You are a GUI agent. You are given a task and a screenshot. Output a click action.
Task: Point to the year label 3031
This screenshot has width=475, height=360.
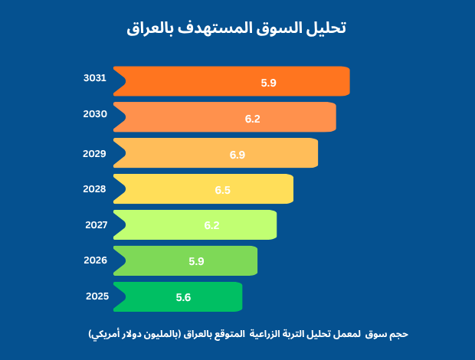click(x=95, y=77)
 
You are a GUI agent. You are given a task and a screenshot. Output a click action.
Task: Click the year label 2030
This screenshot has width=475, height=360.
click(x=95, y=114)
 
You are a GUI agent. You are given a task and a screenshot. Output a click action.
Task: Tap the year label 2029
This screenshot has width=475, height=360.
click(x=95, y=153)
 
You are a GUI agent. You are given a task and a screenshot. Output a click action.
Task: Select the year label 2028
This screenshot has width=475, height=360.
click(x=95, y=188)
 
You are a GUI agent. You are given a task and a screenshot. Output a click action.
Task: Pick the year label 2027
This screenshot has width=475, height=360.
click(x=95, y=224)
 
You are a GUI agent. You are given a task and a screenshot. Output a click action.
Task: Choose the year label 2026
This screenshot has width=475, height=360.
click(x=95, y=260)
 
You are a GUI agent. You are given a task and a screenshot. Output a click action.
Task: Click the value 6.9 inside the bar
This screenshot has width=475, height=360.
click(x=237, y=155)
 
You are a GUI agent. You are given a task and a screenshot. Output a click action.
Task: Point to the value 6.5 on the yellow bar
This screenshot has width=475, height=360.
click(x=223, y=190)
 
